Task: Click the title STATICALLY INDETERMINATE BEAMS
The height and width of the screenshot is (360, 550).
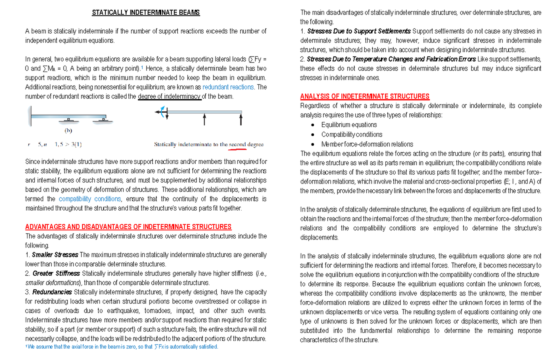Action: click(146, 13)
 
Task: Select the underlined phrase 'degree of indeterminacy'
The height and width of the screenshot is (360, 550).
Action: click(170, 97)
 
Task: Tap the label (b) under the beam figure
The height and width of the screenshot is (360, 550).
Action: click(68, 130)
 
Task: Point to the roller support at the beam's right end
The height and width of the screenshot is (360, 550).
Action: click(103, 121)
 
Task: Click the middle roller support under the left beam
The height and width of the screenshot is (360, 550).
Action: click(68, 121)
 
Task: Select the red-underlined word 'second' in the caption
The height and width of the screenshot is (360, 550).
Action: click(238, 144)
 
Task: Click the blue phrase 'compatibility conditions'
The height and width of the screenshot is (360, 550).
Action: click(90, 199)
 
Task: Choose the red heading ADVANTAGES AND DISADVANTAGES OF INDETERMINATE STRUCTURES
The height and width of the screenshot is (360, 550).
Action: click(128, 227)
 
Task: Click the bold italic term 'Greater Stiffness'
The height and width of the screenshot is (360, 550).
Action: click(56, 274)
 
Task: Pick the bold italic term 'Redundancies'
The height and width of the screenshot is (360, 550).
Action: click(52, 292)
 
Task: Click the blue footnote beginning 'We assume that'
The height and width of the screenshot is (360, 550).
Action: click(121, 347)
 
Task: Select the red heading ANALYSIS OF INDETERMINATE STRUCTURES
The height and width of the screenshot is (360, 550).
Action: click(364, 96)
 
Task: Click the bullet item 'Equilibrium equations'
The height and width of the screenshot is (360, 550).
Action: click(349, 125)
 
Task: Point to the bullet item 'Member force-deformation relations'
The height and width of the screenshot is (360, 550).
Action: click(367, 144)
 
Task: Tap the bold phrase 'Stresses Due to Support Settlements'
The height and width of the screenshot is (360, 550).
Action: click(358, 31)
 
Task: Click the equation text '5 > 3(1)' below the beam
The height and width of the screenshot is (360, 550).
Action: click(67, 144)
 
